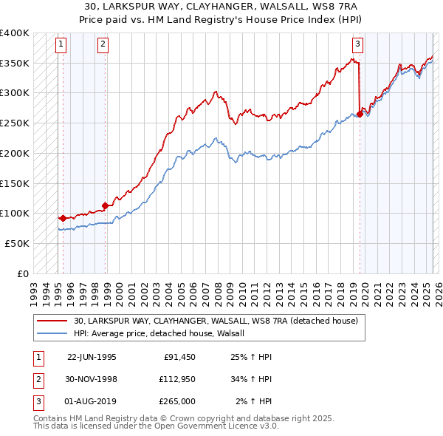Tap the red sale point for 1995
click(63, 218)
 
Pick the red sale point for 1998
click(106, 205)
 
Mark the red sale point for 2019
click(360, 114)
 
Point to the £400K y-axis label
click(14, 33)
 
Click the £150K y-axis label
click(14, 183)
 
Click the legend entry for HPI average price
click(164, 333)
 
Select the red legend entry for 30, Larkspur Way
click(216, 321)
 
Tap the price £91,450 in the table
click(179, 356)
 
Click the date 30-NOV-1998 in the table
click(92, 379)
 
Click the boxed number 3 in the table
click(37, 401)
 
